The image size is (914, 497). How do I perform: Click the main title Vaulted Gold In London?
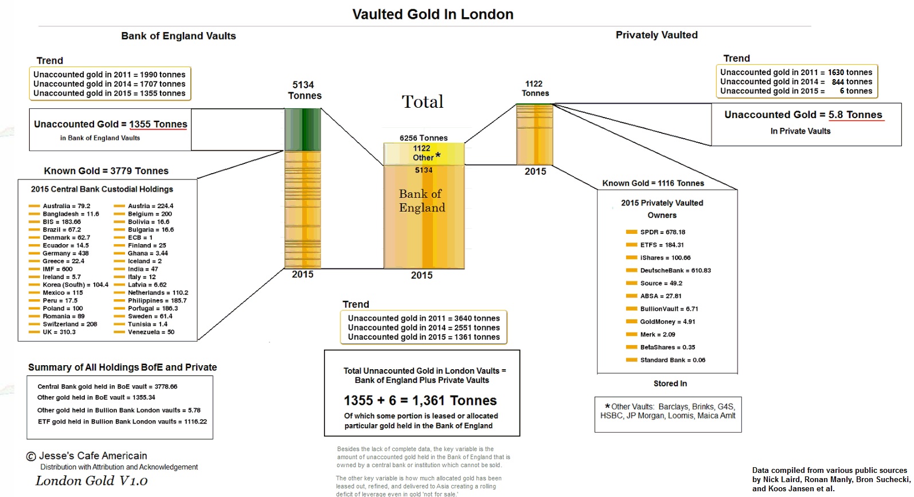click(x=432, y=14)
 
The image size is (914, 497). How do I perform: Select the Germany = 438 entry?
click(x=65, y=253)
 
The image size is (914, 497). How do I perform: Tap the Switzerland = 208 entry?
click(x=70, y=324)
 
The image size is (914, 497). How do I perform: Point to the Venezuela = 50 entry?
click(x=151, y=332)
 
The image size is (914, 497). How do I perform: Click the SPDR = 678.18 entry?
click(x=663, y=232)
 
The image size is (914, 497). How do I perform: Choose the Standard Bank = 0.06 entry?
click(x=673, y=360)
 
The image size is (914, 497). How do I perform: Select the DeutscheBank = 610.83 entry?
click(x=675, y=271)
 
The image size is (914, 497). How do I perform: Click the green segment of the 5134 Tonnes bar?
click(x=302, y=130)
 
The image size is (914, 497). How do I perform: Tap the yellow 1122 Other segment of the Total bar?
click(x=424, y=154)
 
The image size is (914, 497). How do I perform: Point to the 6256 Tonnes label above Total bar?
click(x=424, y=138)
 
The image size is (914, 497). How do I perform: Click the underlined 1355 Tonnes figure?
click(x=158, y=124)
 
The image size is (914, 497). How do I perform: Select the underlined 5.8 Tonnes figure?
click(x=856, y=115)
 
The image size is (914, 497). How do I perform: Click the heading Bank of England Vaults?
click(x=178, y=36)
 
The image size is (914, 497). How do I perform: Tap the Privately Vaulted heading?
click(x=657, y=35)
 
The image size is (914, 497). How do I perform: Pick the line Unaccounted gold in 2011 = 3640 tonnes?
click(x=424, y=318)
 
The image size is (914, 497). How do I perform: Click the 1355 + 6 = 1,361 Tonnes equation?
click(x=420, y=400)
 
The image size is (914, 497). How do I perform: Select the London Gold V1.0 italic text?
click(x=91, y=481)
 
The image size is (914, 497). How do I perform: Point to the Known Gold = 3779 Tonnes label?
click(x=106, y=171)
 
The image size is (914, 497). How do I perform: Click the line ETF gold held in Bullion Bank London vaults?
click(x=122, y=421)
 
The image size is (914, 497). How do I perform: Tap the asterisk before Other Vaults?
click(x=607, y=406)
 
